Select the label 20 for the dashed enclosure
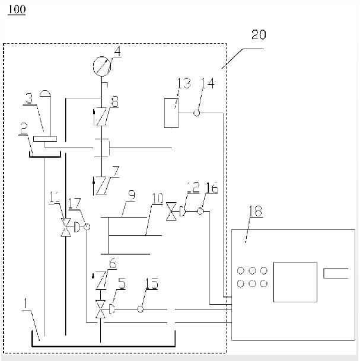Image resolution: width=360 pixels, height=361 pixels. coord(259,34)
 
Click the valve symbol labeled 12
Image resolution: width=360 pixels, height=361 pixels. coord(173,211)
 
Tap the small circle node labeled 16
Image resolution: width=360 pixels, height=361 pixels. coord(200,211)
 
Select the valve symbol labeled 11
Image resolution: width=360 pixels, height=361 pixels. coord(66,226)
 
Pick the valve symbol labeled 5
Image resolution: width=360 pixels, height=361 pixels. coord(100,309)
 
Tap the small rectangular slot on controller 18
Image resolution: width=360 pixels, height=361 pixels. coord(336,273)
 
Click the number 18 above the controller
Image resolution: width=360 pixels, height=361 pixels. coord(256,210)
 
